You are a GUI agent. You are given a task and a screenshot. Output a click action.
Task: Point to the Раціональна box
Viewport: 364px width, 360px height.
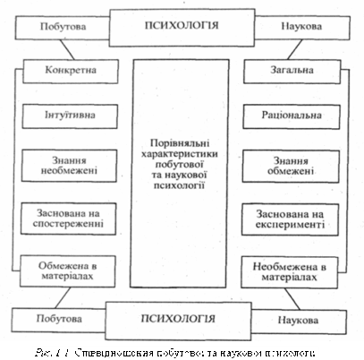click(x=285, y=117)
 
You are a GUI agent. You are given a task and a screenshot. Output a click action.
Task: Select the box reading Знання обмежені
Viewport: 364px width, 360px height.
click(x=285, y=167)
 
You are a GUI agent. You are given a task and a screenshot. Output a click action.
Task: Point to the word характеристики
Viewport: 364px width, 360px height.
click(x=182, y=156)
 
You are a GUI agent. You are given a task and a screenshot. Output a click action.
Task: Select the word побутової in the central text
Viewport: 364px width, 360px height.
click(x=182, y=167)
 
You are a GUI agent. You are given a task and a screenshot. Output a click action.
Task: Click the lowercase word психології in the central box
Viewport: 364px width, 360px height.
click(x=182, y=188)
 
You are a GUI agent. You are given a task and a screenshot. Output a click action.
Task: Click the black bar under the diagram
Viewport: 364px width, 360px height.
click(x=182, y=350)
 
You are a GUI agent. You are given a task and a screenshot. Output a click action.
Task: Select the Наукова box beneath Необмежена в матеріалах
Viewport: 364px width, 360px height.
click(x=292, y=317)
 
